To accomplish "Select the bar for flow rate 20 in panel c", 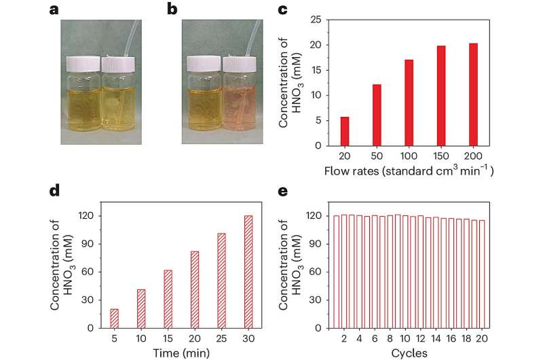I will (x=345, y=131).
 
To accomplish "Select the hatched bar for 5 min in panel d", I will (x=114, y=319).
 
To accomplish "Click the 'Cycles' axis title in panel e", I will (x=409, y=352).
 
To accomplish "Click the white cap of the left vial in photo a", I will (x=82, y=64).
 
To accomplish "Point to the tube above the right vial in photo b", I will (x=257, y=34).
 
